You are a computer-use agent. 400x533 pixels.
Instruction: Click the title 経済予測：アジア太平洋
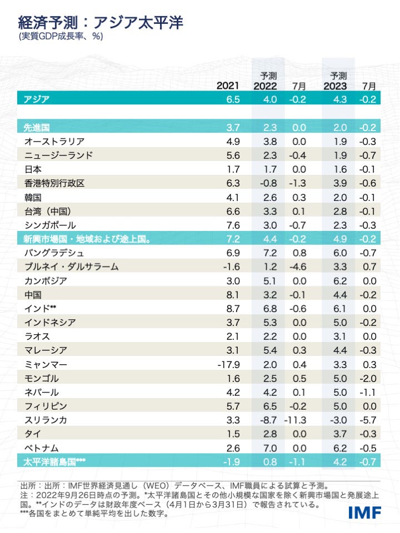(x=101, y=23)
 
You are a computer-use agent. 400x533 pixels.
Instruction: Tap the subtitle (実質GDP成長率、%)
(x=61, y=37)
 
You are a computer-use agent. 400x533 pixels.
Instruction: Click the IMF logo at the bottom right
(x=365, y=512)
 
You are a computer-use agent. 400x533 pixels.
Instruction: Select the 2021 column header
(x=228, y=86)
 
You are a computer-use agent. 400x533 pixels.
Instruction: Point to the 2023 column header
(x=335, y=86)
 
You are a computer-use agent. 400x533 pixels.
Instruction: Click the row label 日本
(x=33, y=169)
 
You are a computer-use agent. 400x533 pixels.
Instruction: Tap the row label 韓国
(x=33, y=197)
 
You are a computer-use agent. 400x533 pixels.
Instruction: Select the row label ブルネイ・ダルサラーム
(x=71, y=266)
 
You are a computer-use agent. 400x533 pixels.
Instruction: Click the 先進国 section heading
(x=37, y=127)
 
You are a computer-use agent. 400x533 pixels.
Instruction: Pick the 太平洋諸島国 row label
(x=54, y=461)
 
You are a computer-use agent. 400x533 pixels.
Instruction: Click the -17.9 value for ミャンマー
(x=228, y=364)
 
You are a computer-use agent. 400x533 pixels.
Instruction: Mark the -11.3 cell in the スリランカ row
(x=296, y=419)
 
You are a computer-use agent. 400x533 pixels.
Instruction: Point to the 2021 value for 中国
(x=233, y=294)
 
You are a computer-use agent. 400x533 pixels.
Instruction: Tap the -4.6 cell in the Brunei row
(x=297, y=266)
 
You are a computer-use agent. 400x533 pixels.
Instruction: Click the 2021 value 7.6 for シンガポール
(x=233, y=224)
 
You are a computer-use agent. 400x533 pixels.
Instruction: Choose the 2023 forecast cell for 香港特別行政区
(x=338, y=183)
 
